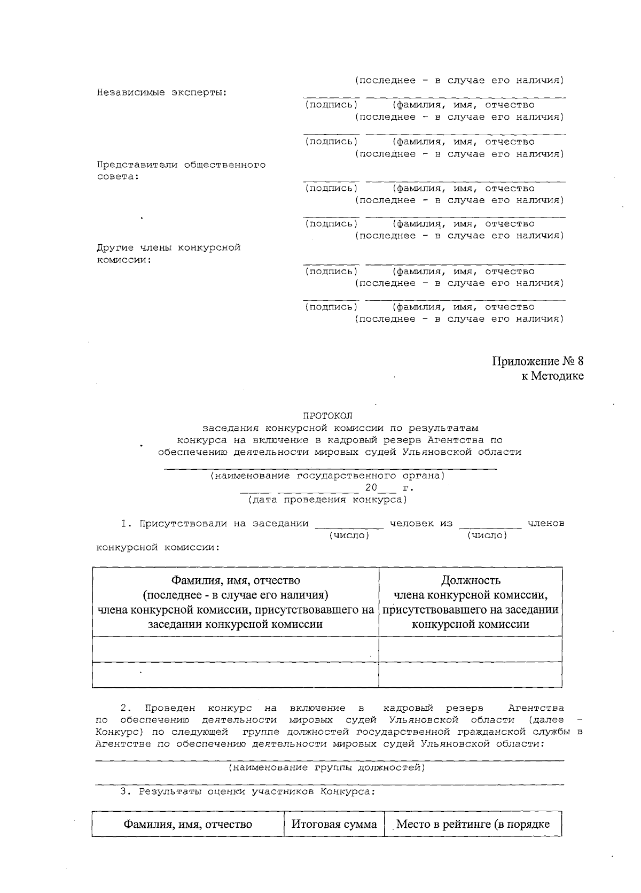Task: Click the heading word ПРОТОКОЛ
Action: point(328,415)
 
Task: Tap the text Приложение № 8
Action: point(537,361)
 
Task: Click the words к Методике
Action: point(552,376)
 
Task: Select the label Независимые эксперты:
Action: point(162,92)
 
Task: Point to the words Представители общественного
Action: point(181,165)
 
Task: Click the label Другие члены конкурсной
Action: point(168,247)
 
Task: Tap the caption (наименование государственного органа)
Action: point(327,475)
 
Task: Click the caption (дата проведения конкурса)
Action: point(327,500)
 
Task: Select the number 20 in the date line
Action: point(371,487)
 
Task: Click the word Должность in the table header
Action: point(471,580)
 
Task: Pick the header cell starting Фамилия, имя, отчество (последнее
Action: point(235,602)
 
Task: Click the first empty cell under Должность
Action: point(471,649)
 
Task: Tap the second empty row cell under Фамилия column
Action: point(235,674)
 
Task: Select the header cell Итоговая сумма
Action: point(334,824)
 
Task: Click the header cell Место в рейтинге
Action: point(473,824)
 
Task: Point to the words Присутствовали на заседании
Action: point(224,523)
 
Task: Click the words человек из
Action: point(421,523)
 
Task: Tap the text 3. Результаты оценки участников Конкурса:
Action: point(248,791)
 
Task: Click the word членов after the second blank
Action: point(545,523)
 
